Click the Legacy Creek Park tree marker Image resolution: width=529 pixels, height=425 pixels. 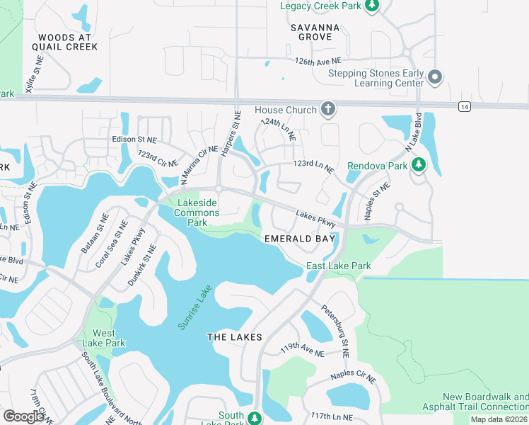click(372, 6)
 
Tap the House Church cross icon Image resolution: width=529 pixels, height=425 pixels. click(327, 110)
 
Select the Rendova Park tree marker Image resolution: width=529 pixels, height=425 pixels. click(419, 166)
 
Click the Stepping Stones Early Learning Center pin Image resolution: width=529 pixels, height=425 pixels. click(435, 76)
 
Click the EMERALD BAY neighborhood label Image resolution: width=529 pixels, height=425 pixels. click(299, 239)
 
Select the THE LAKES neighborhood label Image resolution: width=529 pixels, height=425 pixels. click(234, 337)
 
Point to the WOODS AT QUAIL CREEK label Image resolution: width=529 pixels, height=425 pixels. click(68, 42)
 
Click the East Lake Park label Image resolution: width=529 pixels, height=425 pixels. click(338, 266)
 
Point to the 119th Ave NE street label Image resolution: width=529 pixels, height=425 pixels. click(302, 351)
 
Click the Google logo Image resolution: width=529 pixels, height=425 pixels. click(23, 416)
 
